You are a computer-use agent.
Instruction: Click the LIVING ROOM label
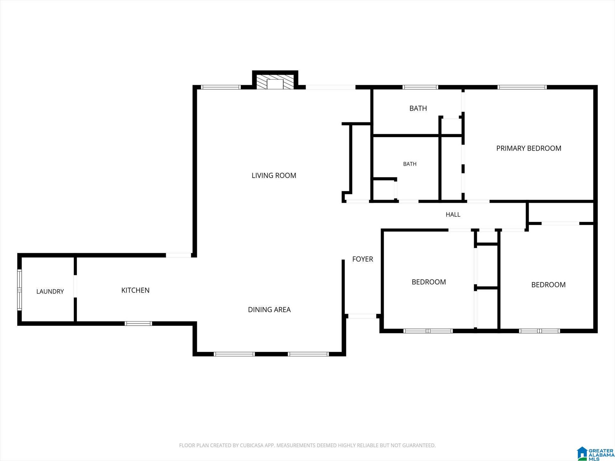point(274,175)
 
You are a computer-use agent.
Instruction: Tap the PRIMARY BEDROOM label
point(529,148)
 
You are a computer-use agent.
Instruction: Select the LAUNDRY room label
point(50,291)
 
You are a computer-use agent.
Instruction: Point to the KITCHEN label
point(135,290)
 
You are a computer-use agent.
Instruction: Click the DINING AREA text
point(269,310)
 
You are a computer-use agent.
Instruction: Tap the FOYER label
point(363,259)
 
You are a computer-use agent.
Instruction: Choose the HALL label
point(453,214)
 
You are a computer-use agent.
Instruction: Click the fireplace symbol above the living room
point(275,82)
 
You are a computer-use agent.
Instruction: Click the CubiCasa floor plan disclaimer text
point(307,445)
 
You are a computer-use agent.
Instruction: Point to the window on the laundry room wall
point(20,290)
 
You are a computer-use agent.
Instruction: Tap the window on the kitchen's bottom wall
point(138,323)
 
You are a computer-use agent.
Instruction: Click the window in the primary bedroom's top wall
point(522,87)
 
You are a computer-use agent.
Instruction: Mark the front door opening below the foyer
point(362,316)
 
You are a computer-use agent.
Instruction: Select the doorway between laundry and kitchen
point(75,286)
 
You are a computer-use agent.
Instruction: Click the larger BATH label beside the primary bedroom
point(418,109)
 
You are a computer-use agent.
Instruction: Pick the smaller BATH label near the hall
point(410,164)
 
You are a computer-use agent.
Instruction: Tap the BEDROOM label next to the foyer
point(429,282)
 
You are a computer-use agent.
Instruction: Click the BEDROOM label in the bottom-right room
point(548,285)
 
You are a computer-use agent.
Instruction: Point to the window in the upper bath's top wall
point(420,87)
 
